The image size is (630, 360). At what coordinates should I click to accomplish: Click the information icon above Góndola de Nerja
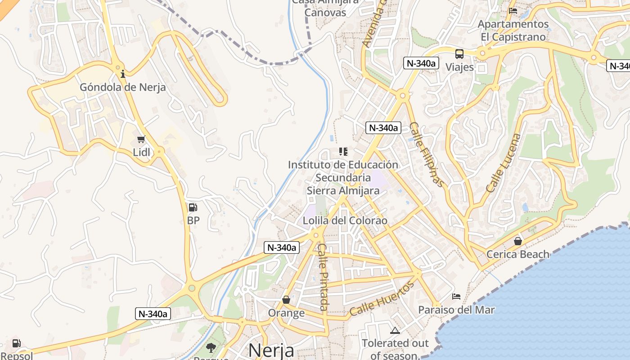[123, 74]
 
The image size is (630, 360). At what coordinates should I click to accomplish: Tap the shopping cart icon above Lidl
[141, 139]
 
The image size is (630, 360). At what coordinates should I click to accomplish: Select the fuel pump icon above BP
[193, 207]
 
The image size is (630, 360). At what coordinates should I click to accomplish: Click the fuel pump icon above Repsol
[16, 343]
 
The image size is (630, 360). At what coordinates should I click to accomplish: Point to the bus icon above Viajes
[459, 54]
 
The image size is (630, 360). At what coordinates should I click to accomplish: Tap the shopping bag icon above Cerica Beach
[518, 241]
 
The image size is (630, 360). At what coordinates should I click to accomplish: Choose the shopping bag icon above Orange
[286, 300]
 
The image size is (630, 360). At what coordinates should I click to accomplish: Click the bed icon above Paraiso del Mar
[456, 297]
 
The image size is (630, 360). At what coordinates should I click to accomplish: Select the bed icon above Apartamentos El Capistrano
[513, 11]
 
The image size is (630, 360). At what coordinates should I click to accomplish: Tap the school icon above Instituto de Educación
[343, 152]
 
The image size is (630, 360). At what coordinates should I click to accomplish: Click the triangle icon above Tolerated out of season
[395, 331]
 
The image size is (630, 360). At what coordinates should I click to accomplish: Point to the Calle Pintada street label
[324, 277]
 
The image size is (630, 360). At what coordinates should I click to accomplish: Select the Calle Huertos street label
[382, 299]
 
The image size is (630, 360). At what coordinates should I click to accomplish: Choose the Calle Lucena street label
[504, 163]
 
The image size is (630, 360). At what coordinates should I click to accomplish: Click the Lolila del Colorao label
[345, 221]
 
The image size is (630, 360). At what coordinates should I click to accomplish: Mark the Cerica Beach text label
[518, 254]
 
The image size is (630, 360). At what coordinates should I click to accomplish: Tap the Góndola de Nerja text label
[123, 87]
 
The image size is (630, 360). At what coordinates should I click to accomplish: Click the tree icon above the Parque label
[210, 347]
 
